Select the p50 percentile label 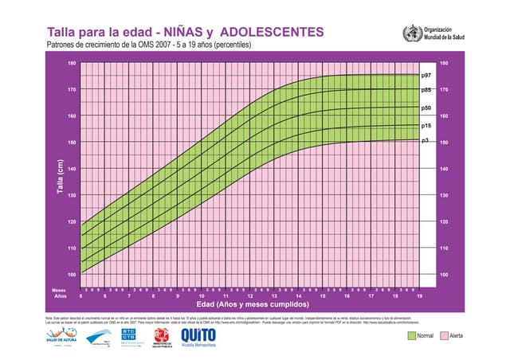[426, 107]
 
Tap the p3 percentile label [425, 140]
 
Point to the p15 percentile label [426, 125]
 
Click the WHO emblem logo [411, 33]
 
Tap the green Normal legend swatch [411, 335]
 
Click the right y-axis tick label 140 [444, 169]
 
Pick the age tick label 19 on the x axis [419, 295]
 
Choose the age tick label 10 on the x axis [202, 295]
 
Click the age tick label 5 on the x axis [81, 295]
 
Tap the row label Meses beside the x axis [59, 290]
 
